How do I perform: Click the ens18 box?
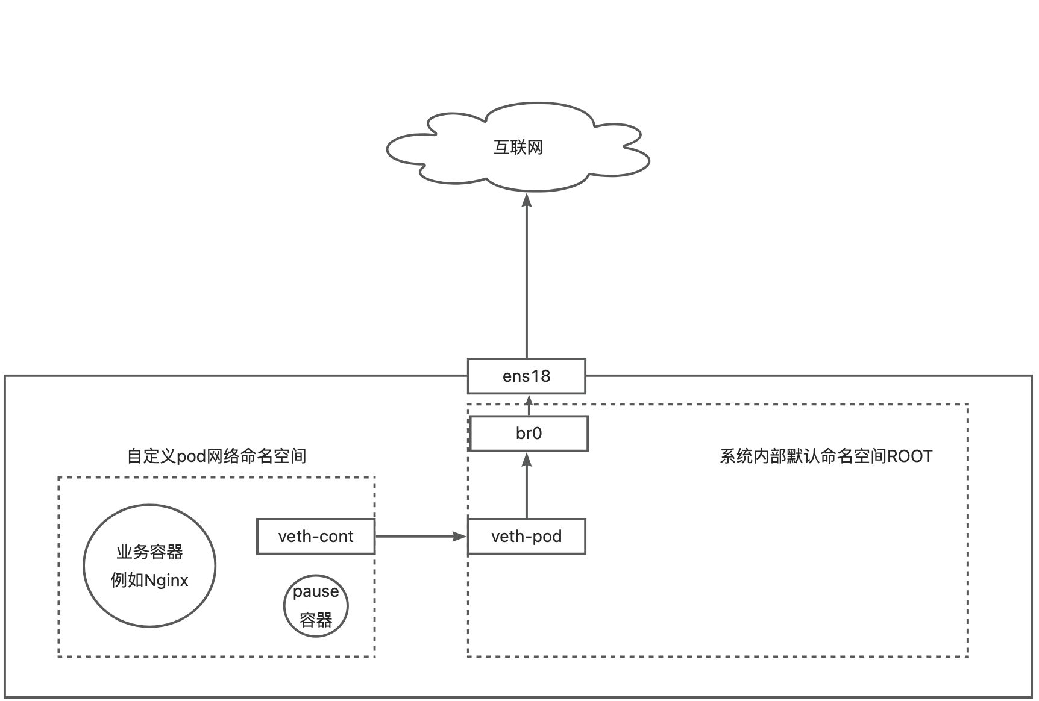(x=526, y=376)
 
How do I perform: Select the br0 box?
(x=529, y=434)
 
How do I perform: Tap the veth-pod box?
(x=526, y=537)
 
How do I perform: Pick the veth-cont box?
(x=316, y=537)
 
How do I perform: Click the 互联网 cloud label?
(x=518, y=148)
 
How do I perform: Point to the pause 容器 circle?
(x=316, y=606)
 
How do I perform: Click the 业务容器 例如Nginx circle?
(x=149, y=565)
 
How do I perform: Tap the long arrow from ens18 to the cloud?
(x=527, y=277)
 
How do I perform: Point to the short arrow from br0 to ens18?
(x=529, y=405)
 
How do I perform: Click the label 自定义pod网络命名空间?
(x=216, y=456)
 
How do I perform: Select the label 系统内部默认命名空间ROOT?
(x=826, y=456)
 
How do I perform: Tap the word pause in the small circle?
(x=316, y=591)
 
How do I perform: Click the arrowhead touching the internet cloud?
(x=527, y=200)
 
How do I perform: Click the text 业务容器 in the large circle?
(x=149, y=552)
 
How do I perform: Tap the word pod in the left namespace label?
(x=191, y=456)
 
